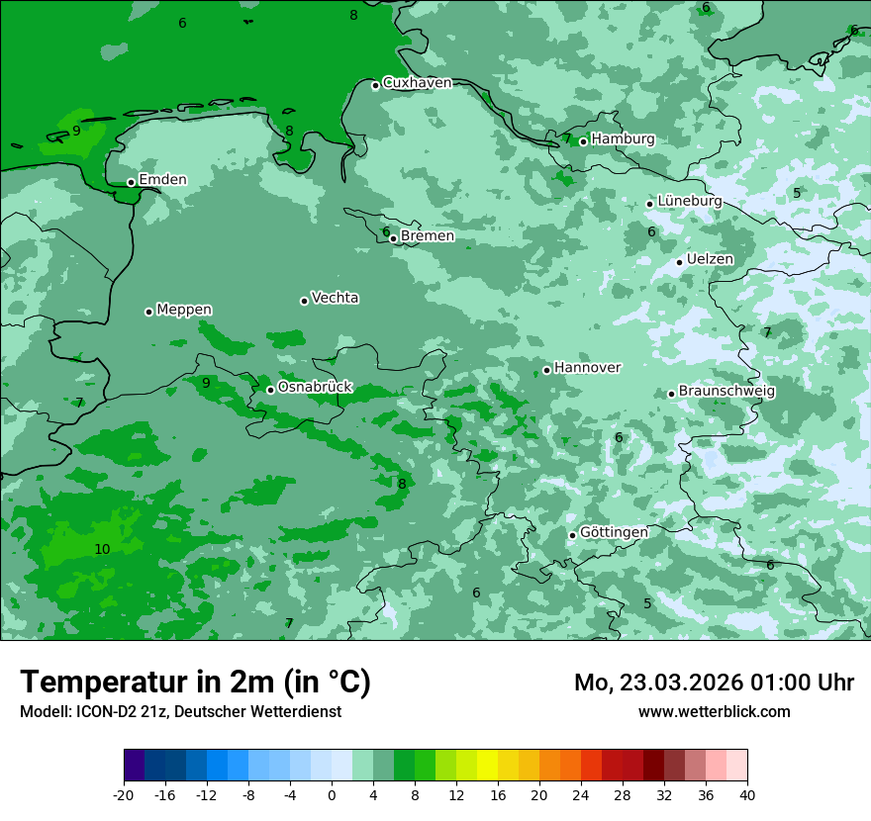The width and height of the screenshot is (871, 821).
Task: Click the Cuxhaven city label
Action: [417, 83]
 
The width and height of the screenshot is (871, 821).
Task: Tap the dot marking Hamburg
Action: [583, 141]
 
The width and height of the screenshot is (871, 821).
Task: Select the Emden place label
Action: [162, 180]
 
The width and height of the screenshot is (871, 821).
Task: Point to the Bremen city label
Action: [428, 236]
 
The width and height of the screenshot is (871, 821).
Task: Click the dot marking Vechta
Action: [304, 301]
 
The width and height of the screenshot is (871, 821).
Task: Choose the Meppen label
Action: [184, 310]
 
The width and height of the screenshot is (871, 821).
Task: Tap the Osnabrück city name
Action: [315, 388]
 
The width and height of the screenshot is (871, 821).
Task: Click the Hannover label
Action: [587, 368]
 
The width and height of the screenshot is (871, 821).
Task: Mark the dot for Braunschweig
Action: [671, 394]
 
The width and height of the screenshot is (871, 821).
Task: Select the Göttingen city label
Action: [614, 532]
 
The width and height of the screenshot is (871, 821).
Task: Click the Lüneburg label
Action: [690, 202]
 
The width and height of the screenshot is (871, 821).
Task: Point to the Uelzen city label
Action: [710, 259]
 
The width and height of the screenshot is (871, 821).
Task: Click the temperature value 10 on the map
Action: [102, 549]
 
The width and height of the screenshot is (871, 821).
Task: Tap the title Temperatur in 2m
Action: [195, 682]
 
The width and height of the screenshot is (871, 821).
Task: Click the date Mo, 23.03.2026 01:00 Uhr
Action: [714, 683]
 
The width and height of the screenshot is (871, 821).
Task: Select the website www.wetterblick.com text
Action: [714, 711]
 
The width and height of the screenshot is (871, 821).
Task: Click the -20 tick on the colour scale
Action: [124, 794]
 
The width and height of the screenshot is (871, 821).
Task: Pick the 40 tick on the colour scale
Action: [747, 794]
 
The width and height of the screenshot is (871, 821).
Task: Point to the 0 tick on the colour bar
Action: [332, 794]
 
